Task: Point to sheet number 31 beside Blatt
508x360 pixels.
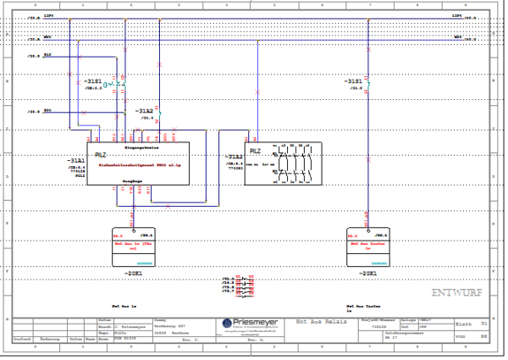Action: pos(483,323)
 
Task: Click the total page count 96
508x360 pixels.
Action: pos(483,336)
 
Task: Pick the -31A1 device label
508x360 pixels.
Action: pos(77,160)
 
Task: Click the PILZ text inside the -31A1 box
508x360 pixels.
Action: pos(101,156)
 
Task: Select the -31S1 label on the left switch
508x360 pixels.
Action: pos(93,81)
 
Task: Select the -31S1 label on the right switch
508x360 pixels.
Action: pos(353,81)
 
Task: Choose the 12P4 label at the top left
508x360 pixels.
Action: pos(48,15)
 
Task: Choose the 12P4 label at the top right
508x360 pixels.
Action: pos(457,15)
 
